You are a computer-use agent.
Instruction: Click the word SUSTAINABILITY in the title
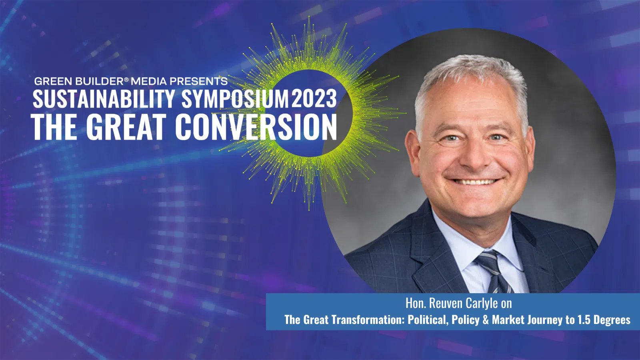pos(104,98)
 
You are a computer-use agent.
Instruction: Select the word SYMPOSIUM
pos(235,98)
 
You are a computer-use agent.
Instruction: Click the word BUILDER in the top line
pos(100,81)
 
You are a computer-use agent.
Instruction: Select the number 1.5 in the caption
pos(584,320)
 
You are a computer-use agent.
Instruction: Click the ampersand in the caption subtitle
pos(486,320)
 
